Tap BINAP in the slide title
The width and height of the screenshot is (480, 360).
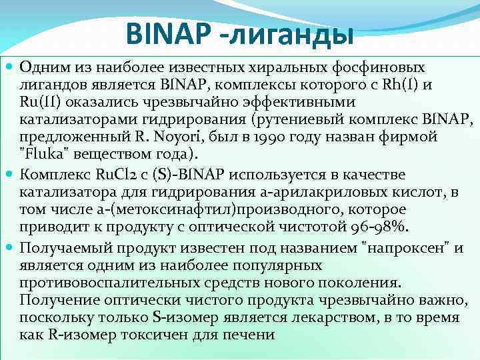168,34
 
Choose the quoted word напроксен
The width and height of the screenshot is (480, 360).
408,249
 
